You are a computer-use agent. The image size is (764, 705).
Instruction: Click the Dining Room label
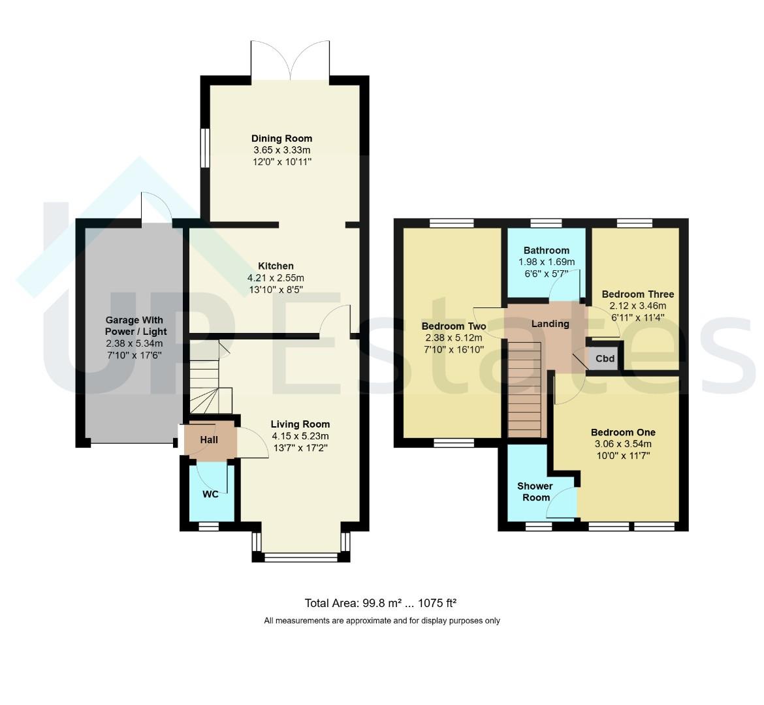(x=281, y=138)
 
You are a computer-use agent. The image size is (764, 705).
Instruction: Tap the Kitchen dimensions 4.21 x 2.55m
(x=276, y=278)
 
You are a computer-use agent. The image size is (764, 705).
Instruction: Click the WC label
(x=210, y=495)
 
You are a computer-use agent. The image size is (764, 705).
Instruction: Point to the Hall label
(x=209, y=440)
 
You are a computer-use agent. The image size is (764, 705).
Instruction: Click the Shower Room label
(x=535, y=492)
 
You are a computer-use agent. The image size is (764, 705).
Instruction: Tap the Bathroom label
(x=546, y=251)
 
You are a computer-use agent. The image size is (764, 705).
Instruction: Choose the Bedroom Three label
(x=638, y=294)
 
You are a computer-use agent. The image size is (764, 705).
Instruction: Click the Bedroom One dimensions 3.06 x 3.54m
(x=623, y=444)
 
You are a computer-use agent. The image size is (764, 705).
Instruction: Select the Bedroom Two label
(x=454, y=326)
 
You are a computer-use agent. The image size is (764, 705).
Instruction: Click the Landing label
(x=550, y=324)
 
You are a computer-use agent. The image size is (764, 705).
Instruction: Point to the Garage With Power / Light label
(x=136, y=326)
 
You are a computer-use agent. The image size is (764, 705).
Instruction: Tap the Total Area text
(x=381, y=603)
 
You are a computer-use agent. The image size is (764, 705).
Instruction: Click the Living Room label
(x=300, y=424)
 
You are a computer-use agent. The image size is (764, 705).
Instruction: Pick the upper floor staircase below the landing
(x=525, y=389)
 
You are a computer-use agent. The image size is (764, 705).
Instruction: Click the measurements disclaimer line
(x=382, y=621)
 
